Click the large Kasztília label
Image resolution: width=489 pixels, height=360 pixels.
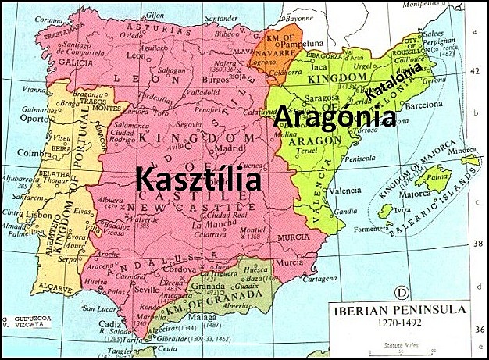(x=197, y=179)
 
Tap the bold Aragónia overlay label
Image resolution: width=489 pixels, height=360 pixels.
(x=333, y=116)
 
